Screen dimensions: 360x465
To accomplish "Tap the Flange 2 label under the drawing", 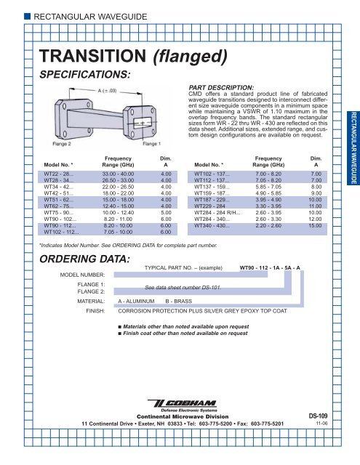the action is (63, 144).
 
